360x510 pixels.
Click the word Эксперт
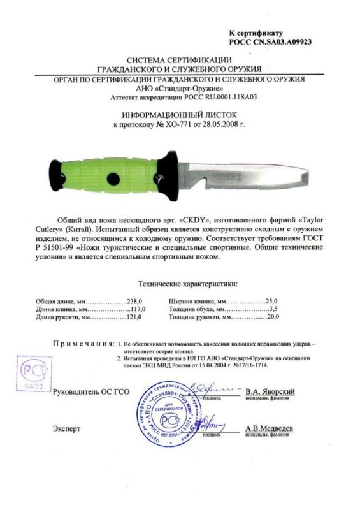point(67,429)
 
